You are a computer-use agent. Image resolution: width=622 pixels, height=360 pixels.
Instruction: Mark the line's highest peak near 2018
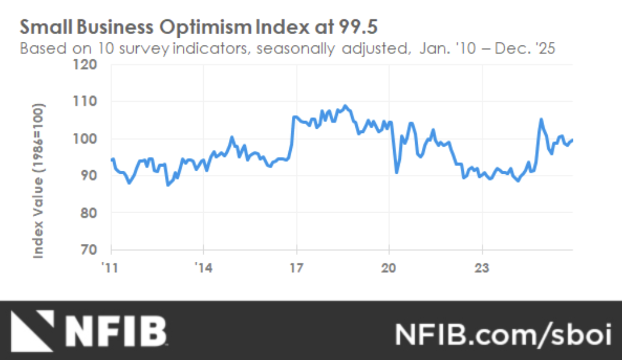tap(345, 106)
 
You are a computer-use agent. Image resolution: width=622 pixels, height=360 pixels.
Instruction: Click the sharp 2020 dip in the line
tap(397, 173)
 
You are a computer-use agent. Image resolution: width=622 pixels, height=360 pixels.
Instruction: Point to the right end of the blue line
tap(572, 140)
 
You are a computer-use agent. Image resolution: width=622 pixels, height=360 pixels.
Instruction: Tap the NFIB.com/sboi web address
tap(502, 333)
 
